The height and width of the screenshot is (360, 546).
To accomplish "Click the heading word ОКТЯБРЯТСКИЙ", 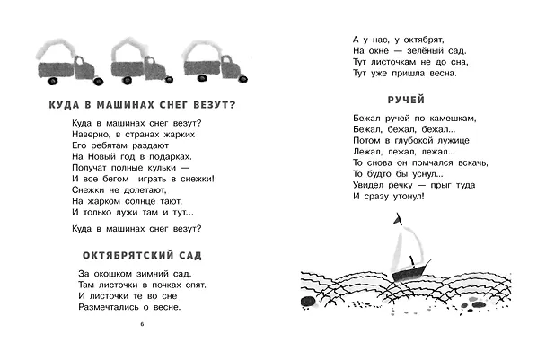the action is (x=128, y=255).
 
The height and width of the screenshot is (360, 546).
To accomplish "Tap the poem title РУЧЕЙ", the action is (x=406, y=100).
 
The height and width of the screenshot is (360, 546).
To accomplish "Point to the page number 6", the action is (x=142, y=324).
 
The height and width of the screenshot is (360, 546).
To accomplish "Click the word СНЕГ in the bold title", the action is (x=173, y=105).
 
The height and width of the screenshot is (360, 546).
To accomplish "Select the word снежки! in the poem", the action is (x=198, y=179).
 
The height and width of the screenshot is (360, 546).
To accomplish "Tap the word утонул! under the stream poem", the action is (x=409, y=197).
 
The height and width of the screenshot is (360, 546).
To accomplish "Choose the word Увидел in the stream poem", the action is (x=368, y=185).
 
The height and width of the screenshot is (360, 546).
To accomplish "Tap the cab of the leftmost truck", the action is (x=84, y=69).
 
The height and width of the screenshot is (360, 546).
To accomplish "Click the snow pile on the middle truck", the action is (x=129, y=49).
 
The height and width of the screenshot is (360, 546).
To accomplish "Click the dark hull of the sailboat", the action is (x=409, y=271).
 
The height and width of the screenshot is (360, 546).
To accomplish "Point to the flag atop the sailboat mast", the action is (x=398, y=219).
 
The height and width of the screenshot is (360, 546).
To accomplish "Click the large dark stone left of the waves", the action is (x=307, y=302).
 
